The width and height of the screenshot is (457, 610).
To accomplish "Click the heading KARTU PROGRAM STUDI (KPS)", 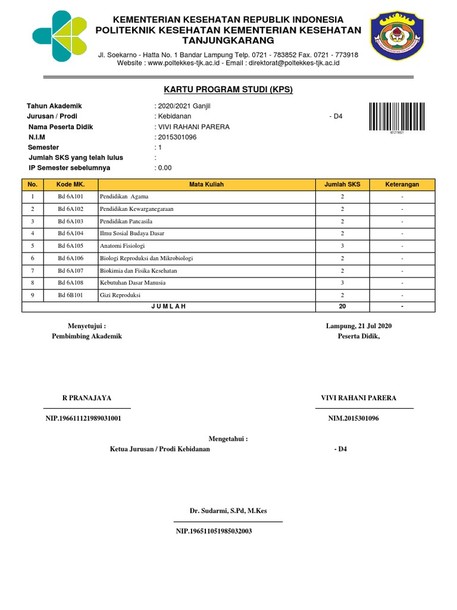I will point(228,90).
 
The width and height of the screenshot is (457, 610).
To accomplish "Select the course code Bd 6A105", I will point(71,245).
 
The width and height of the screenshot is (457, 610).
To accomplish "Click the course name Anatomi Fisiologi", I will point(123,245).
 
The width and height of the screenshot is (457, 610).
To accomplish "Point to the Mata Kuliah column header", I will point(206,185).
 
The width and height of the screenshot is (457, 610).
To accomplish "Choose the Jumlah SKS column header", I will point(342,185).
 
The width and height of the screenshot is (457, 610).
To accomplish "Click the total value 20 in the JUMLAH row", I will point(342,306).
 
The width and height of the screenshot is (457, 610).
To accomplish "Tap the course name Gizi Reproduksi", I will point(120,295).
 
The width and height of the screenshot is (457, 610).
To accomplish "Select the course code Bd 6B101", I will point(71,295).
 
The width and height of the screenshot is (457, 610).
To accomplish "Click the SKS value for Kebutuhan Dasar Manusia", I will point(342,283).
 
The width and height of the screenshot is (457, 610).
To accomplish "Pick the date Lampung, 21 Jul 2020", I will point(359,326).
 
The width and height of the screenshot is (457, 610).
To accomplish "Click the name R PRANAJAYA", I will point(87,398).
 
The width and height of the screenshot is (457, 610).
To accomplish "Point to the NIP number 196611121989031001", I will point(83,418).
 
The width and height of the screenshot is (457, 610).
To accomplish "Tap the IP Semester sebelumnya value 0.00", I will point(164,168).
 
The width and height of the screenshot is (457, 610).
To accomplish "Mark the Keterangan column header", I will point(402,185).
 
